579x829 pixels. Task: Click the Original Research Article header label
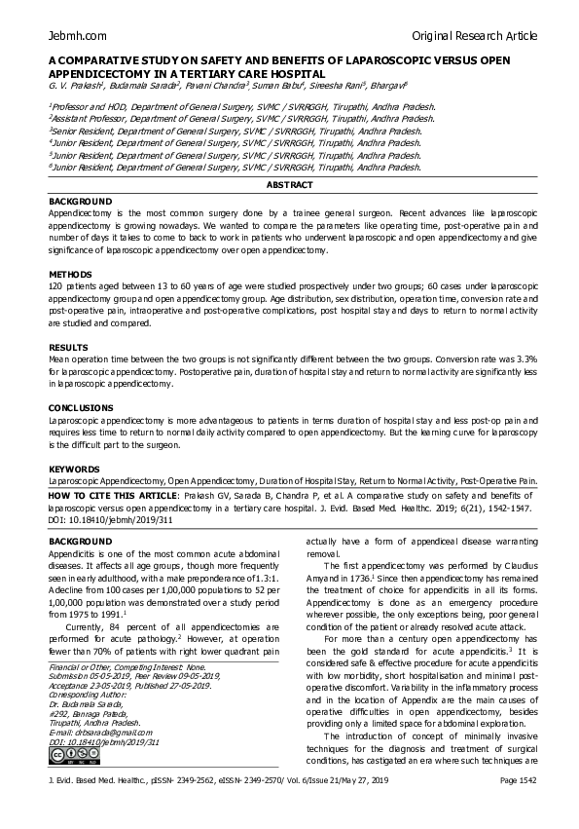(x=474, y=36)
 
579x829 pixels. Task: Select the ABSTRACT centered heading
(x=290, y=185)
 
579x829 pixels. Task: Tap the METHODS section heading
(x=70, y=275)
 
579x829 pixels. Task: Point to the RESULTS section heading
(x=69, y=348)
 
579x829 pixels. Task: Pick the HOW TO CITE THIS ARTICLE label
(x=120, y=496)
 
